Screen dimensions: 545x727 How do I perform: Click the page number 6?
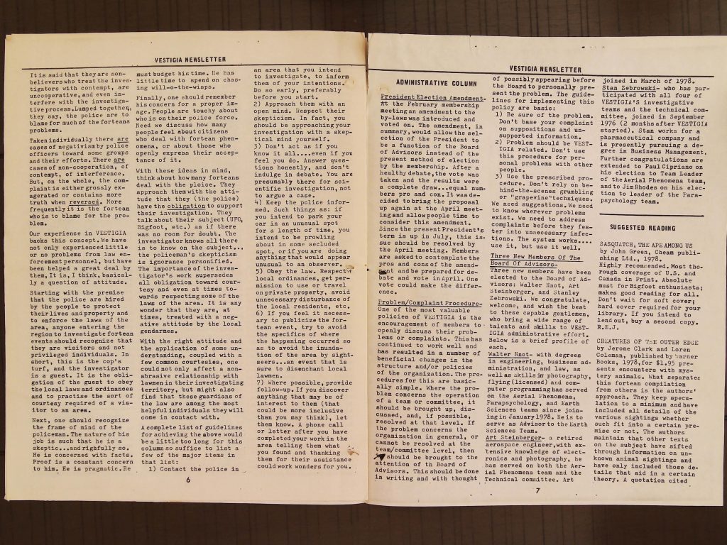click(189, 479)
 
